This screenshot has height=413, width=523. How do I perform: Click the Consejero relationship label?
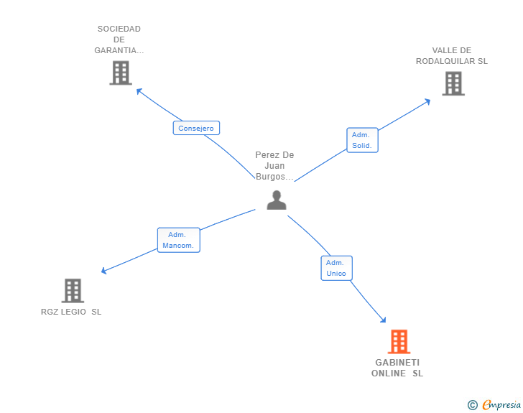point(196,128)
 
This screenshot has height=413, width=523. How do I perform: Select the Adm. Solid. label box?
point(362,140)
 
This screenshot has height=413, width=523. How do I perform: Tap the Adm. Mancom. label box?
point(178,240)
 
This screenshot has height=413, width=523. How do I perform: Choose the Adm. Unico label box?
point(336,268)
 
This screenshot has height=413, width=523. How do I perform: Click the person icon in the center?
point(277,200)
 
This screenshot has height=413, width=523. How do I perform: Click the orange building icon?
point(399,342)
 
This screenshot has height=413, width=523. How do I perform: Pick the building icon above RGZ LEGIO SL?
point(73,291)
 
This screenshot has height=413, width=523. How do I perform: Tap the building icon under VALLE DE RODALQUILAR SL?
point(453,83)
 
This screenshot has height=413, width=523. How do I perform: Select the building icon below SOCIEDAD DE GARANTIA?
point(121,73)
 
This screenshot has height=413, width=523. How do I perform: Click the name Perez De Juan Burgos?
point(274,166)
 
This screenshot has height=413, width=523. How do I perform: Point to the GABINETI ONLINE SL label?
point(397,368)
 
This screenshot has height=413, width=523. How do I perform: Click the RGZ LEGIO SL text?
point(71,312)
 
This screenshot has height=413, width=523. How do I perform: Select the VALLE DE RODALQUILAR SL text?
point(452,56)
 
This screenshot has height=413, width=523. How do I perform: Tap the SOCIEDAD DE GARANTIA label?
point(119,40)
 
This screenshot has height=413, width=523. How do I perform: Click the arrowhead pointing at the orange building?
point(383,320)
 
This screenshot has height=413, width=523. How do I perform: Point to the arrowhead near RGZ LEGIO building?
point(104,271)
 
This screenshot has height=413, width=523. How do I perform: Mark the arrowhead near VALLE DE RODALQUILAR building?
point(427,101)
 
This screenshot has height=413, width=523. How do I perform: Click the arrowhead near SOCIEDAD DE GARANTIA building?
point(139,91)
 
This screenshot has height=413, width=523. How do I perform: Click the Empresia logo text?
point(501,404)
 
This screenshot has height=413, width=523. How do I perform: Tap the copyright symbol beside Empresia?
point(472,405)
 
